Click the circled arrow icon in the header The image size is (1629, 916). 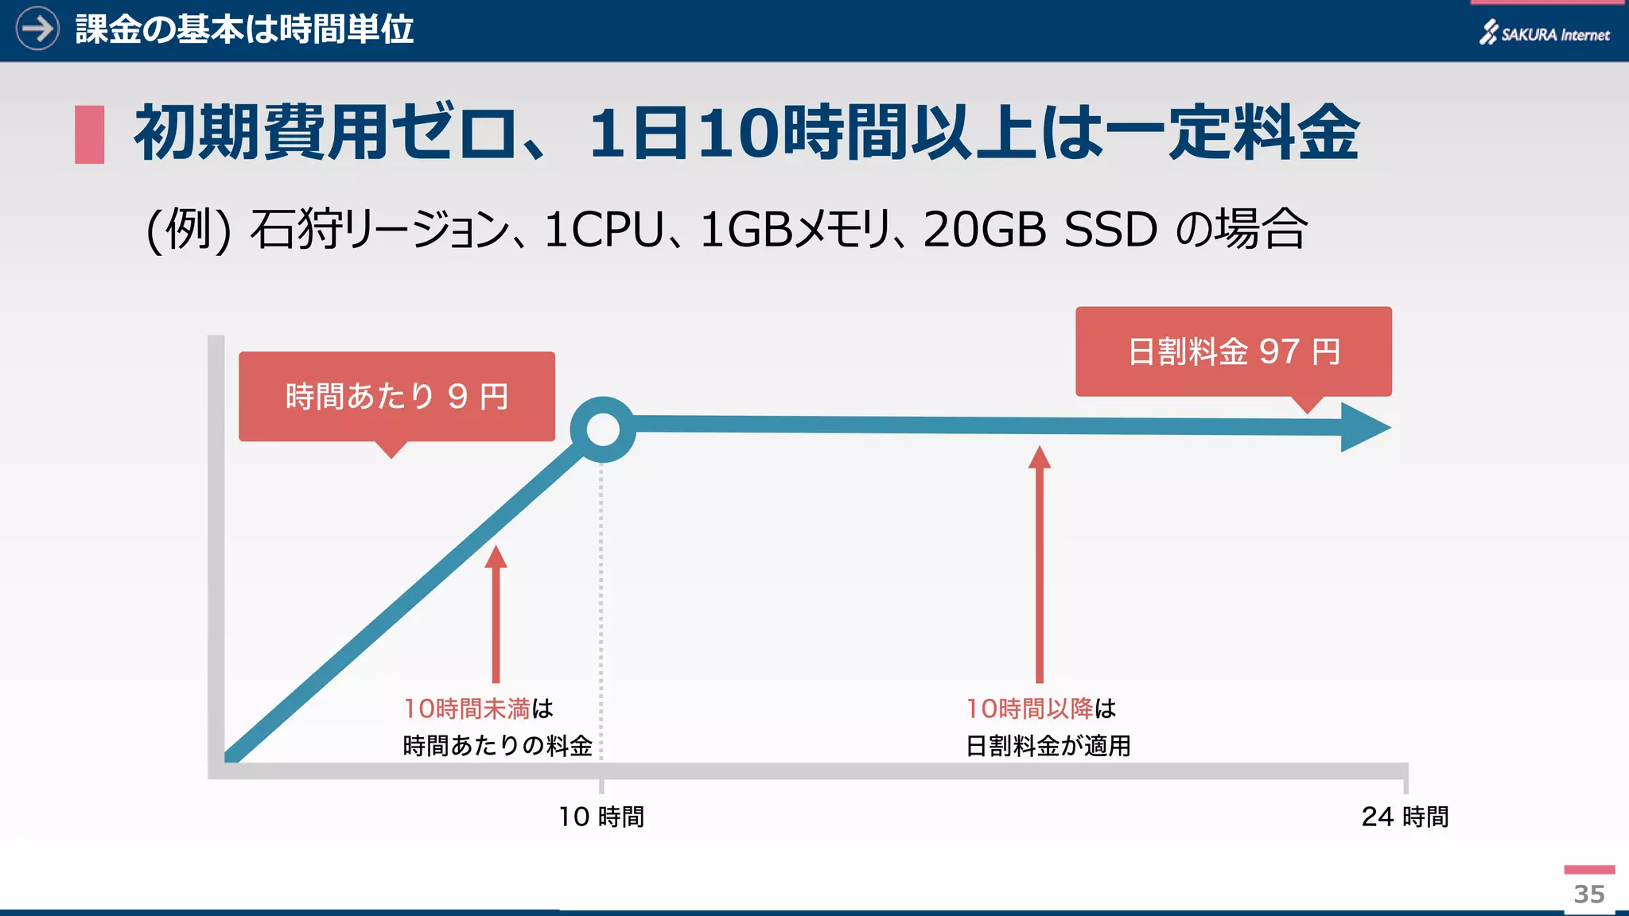pyautogui.click(x=37, y=29)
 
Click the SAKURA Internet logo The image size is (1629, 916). pyautogui.click(x=1545, y=33)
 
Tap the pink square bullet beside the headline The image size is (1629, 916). pyautogui.click(x=90, y=134)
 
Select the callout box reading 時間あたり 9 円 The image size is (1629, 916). pyautogui.click(x=396, y=396)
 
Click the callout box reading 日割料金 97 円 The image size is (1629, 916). pyautogui.click(x=1233, y=351)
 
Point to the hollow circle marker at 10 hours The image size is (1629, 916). pyautogui.click(x=603, y=429)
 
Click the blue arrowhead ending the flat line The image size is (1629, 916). pyautogui.click(x=1363, y=427)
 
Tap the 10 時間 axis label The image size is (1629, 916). pyautogui.click(x=601, y=817)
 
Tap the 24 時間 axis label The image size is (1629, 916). pyautogui.click(x=1405, y=817)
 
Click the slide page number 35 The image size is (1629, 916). pyautogui.click(x=1589, y=895)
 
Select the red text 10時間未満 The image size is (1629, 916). pyautogui.click(x=467, y=708)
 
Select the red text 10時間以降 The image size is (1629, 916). pyautogui.click(x=1030, y=708)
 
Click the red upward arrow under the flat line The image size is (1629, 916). pyautogui.click(x=1040, y=565)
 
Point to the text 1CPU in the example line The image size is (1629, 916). pyautogui.click(x=604, y=230)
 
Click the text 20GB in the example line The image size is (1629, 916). pyautogui.click(x=985, y=230)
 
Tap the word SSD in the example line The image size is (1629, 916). pyautogui.click(x=1110, y=230)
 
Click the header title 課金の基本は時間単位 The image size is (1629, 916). pyautogui.click(x=244, y=30)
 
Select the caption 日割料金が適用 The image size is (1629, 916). pyautogui.click(x=1048, y=746)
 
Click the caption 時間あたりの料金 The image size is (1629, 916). pyautogui.click(x=497, y=746)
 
